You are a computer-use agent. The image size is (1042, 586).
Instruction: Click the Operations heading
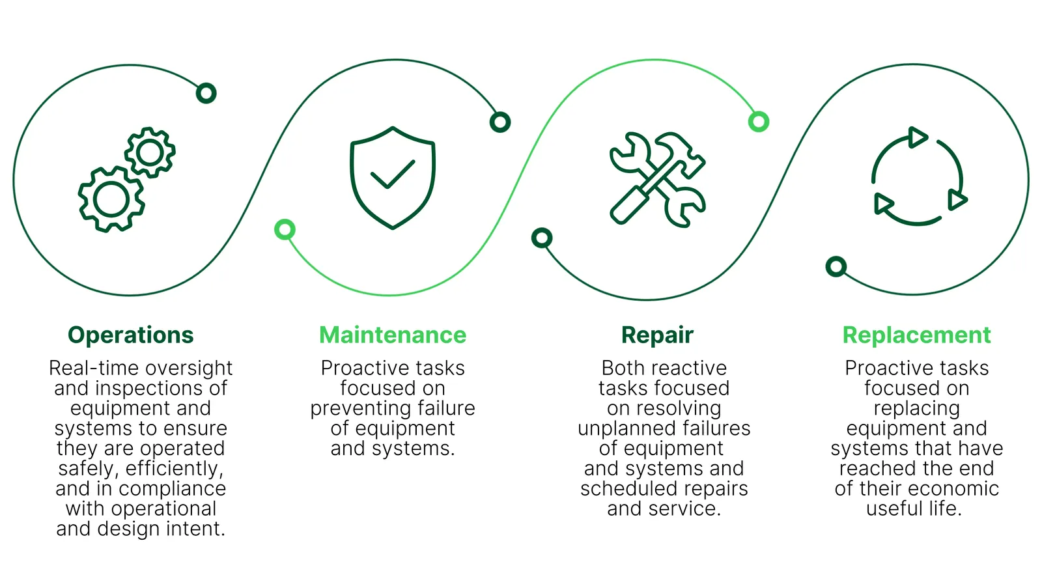click(x=131, y=335)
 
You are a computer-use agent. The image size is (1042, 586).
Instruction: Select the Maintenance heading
click(x=393, y=335)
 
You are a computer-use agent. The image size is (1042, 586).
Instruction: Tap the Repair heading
click(x=657, y=335)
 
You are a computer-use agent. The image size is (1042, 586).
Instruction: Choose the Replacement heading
click(x=916, y=335)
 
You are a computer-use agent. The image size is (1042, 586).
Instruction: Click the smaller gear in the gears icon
click(x=150, y=152)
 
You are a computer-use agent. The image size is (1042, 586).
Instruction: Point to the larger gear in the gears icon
click(x=111, y=199)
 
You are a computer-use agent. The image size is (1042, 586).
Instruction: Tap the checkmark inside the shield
click(x=393, y=174)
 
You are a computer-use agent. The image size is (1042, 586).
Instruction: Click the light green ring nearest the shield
click(x=285, y=229)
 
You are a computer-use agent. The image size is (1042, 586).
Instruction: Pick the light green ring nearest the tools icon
click(x=759, y=121)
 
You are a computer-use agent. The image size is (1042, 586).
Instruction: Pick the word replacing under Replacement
click(x=916, y=409)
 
